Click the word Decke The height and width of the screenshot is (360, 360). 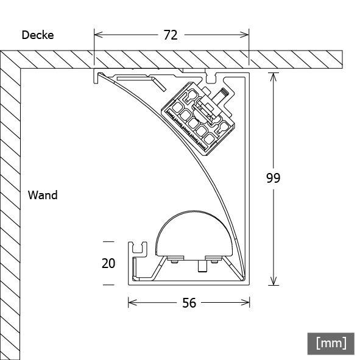[38, 35]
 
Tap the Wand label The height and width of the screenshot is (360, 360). [43, 196]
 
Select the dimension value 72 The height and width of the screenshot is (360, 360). [171, 35]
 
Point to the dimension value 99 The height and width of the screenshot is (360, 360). [274, 178]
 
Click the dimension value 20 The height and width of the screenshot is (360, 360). [108, 263]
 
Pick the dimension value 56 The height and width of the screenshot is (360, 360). [189, 303]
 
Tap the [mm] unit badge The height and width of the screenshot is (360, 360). [331, 343]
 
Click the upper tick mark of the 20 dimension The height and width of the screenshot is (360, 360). [108, 241]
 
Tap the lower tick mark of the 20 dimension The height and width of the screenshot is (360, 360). [108, 284]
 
